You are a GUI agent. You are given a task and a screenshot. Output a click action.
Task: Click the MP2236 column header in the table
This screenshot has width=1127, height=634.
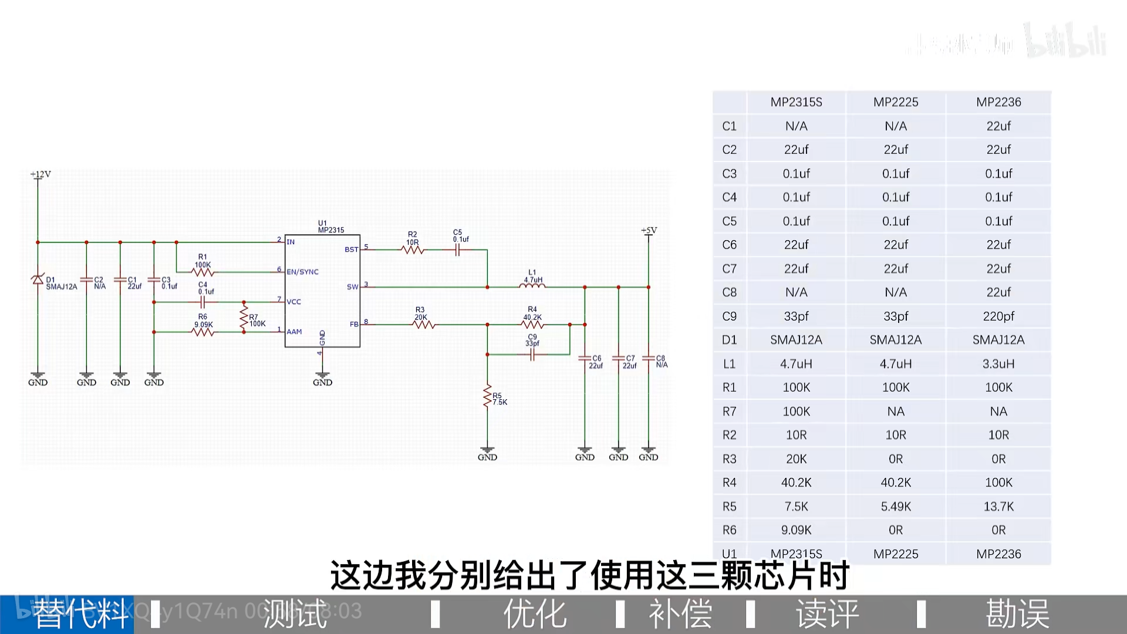998,102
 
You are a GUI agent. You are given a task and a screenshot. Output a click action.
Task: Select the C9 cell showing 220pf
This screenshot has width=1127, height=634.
998,316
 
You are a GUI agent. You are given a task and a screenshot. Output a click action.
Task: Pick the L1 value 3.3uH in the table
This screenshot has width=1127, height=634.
998,364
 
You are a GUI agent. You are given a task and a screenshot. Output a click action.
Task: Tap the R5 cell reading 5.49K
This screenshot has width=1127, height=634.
896,507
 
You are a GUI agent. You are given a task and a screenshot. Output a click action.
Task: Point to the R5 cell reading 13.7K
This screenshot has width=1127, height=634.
998,507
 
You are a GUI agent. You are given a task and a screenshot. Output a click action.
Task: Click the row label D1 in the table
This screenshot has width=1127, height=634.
729,340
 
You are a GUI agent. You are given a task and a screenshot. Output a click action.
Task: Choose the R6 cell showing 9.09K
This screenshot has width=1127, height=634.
796,530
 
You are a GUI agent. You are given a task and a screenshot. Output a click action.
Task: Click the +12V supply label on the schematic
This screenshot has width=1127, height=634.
41,174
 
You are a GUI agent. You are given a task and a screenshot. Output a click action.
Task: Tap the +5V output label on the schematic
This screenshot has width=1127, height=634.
649,231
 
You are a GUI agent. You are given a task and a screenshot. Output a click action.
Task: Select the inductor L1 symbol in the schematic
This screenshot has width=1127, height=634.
532,286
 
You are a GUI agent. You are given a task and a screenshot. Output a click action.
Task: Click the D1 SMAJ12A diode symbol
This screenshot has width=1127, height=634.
38,279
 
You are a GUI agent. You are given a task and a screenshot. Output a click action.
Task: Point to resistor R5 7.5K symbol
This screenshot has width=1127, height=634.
487,396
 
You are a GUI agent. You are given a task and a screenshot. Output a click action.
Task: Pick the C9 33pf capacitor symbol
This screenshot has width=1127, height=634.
532,355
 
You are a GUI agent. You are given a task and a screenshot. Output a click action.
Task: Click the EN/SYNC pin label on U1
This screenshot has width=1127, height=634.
302,272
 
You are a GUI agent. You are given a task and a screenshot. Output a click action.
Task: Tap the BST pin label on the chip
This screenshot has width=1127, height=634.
351,249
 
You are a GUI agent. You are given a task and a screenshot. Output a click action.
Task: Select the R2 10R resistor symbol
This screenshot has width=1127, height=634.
413,249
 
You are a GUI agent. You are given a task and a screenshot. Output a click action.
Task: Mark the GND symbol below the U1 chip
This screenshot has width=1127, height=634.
322,378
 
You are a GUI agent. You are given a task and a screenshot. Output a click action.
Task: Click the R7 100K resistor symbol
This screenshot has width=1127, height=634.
244,318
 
